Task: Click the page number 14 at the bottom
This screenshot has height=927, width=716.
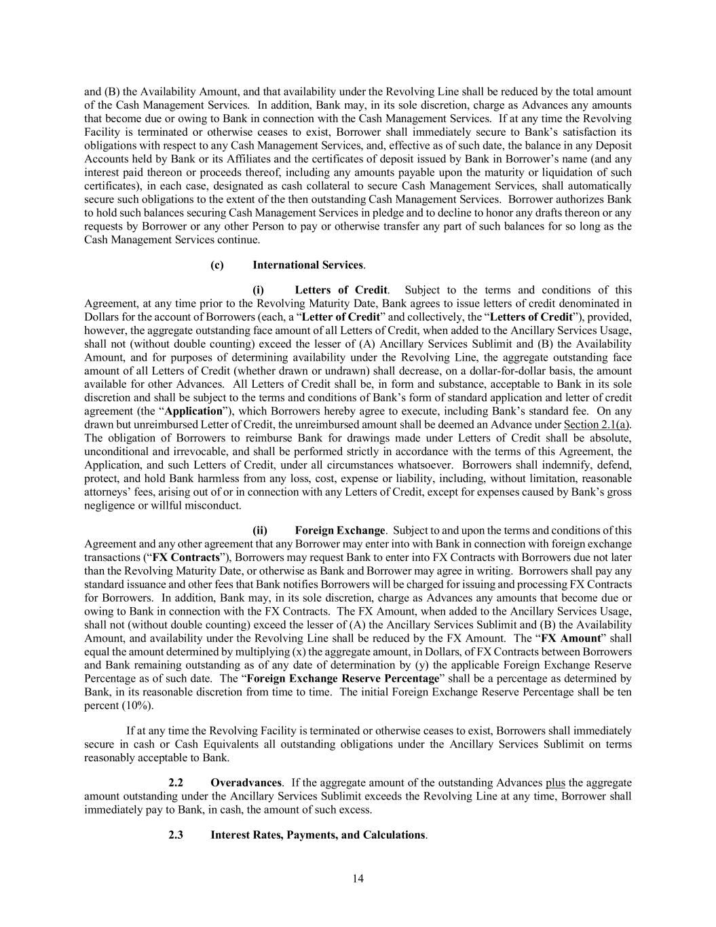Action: point(358,879)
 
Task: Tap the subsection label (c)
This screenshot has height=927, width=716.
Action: point(217,265)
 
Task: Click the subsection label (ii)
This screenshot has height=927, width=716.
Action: point(260,530)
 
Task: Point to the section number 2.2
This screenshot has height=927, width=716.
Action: point(176,782)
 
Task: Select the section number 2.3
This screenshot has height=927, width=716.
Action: point(176,835)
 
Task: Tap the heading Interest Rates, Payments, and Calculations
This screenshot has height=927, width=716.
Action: point(318,835)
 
